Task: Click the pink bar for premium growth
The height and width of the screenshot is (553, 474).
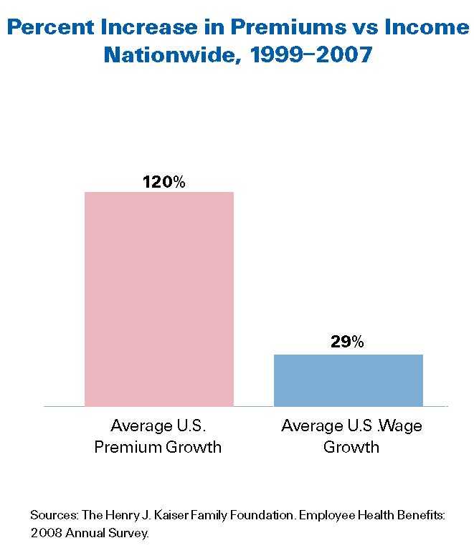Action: tap(158, 299)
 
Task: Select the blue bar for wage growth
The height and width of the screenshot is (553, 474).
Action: tap(348, 380)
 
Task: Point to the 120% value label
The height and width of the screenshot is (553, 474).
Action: tap(163, 182)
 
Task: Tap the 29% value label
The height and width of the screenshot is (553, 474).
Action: tap(347, 342)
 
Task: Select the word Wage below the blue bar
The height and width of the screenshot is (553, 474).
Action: tap(397, 426)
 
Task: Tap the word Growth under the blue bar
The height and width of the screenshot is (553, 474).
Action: tap(351, 448)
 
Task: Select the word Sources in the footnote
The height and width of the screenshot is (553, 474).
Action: tap(51, 515)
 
